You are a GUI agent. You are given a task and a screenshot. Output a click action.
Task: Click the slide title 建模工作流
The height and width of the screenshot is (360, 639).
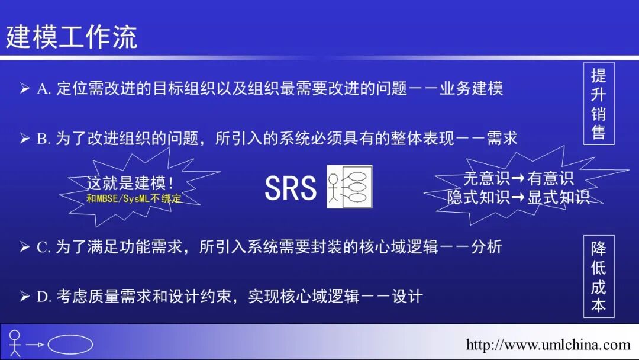click(x=72, y=37)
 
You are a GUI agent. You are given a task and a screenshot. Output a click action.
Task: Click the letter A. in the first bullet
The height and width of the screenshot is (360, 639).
click(x=43, y=89)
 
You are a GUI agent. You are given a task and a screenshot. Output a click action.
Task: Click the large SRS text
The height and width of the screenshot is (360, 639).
click(x=291, y=188)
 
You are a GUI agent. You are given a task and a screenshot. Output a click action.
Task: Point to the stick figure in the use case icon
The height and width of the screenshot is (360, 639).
click(x=335, y=188)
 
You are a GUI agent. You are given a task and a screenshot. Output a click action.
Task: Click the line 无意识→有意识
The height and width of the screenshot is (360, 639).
click(x=518, y=179)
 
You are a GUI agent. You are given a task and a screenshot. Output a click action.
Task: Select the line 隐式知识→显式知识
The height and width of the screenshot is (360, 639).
click(x=518, y=197)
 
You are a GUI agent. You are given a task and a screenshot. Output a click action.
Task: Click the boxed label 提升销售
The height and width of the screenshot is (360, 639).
click(x=598, y=103)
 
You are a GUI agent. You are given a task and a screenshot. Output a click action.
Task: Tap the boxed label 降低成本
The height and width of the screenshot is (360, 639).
click(x=598, y=277)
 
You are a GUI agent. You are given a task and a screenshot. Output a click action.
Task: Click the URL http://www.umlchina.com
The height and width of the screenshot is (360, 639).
click(x=548, y=345)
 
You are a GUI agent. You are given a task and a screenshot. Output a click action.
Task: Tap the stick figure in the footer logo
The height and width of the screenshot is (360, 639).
click(x=15, y=343)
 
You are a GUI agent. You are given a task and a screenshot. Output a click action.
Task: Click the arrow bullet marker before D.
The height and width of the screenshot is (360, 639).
click(x=24, y=296)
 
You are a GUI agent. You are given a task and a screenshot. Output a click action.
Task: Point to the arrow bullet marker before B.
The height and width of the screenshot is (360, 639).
click(x=24, y=139)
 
